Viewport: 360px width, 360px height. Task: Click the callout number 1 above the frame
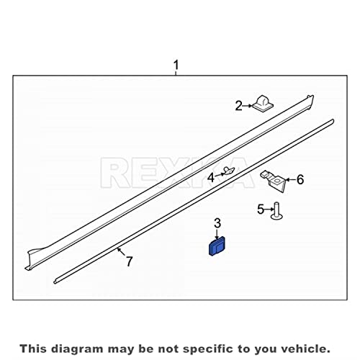point(176,66)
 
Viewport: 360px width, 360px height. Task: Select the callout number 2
point(239,106)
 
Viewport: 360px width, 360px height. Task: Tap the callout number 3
point(217,223)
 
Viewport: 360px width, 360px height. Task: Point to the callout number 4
point(211,178)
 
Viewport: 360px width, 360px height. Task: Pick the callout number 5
point(261,210)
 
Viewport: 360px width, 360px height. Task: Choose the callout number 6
point(300,179)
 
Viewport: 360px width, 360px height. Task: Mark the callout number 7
point(130,261)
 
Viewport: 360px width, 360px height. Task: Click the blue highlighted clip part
point(217,246)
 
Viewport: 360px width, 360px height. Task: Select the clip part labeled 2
point(263,104)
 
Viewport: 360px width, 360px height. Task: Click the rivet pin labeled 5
point(276,211)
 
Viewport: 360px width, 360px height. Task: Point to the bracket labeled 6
point(274,181)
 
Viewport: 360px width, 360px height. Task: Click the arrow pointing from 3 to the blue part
point(217,234)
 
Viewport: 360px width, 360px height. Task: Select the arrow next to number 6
point(290,179)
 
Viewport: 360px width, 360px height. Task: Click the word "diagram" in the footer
point(77,348)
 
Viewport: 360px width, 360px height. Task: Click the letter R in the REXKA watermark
point(114,173)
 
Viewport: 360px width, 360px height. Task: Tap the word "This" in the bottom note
point(33,348)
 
